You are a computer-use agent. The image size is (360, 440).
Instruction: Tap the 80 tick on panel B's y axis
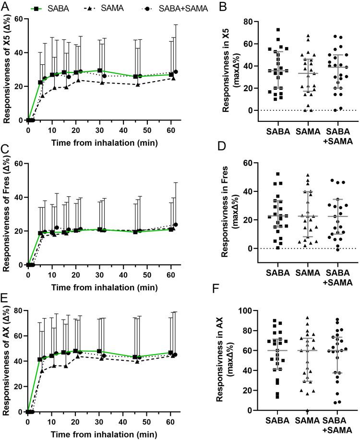pyautogui.click(x=252, y=22)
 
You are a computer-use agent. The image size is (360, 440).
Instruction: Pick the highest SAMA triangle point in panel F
pyautogui.click(x=307, y=318)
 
